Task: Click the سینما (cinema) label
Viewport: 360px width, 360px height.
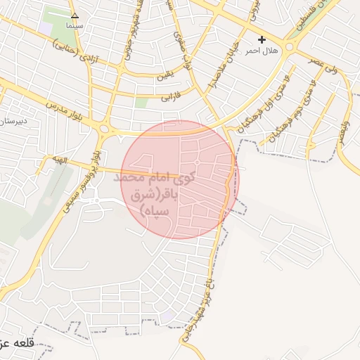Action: click(x=75, y=25)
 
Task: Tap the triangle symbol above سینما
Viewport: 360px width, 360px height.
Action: click(x=75, y=15)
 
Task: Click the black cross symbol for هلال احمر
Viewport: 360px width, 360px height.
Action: click(x=262, y=40)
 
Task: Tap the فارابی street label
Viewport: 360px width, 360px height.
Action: click(x=172, y=94)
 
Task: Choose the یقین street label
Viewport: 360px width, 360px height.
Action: click(x=167, y=72)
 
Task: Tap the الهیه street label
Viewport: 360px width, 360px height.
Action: click(x=61, y=160)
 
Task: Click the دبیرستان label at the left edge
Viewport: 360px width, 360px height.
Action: click(x=14, y=121)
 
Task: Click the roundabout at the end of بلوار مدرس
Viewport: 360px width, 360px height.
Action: click(x=106, y=129)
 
